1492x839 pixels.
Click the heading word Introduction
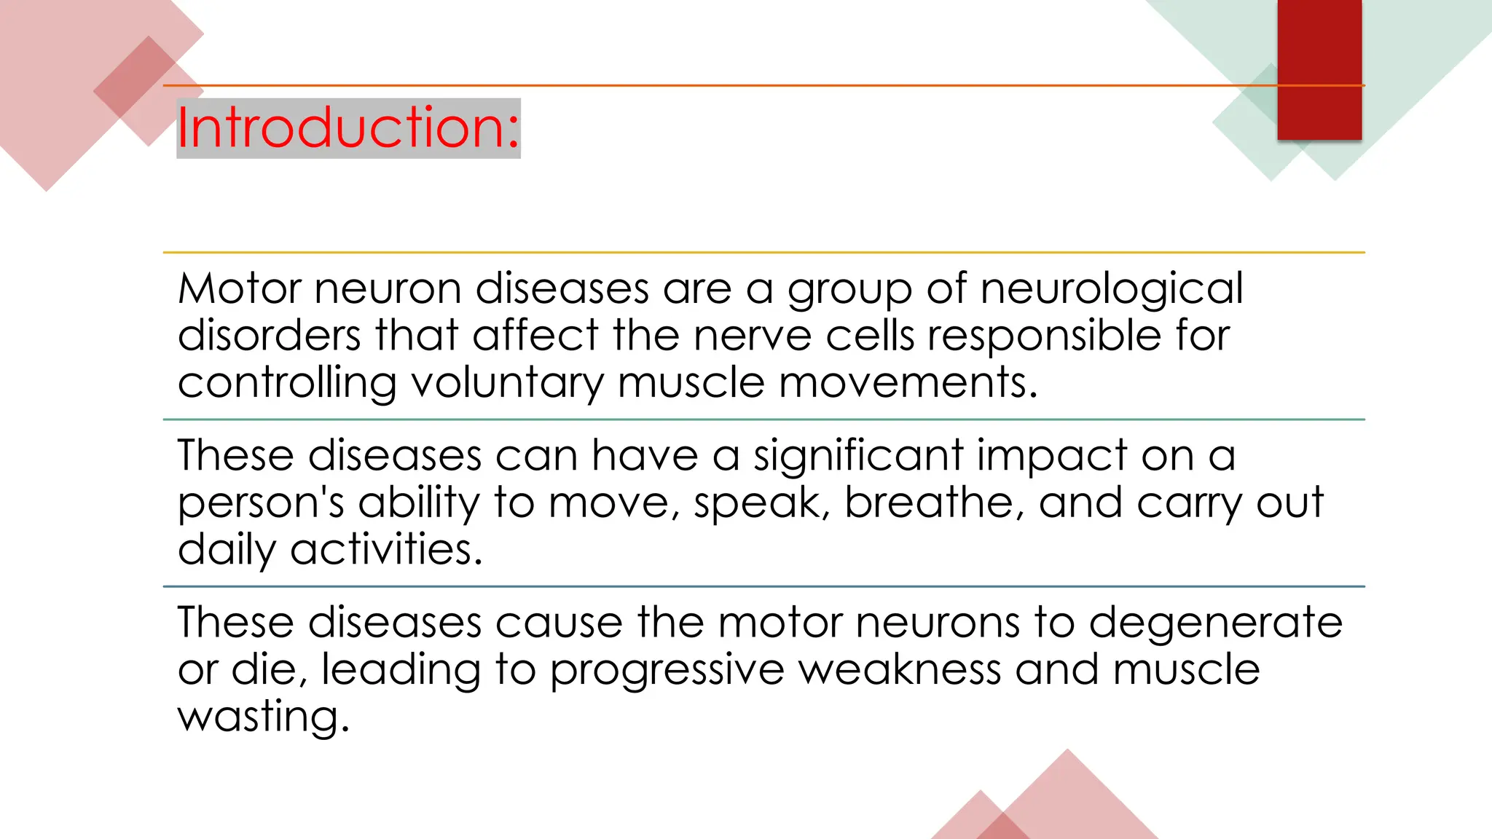point(348,127)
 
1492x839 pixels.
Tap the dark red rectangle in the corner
point(1319,69)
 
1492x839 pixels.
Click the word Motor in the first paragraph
point(239,288)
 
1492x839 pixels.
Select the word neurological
point(1112,290)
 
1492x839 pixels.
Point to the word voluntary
point(507,383)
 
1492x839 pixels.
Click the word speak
point(758,504)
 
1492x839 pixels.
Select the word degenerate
point(1215,623)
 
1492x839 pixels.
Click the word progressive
point(666,670)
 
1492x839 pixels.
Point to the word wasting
point(263,717)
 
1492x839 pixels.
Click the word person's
point(260,504)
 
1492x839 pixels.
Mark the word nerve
point(752,336)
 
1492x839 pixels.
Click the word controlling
point(287,383)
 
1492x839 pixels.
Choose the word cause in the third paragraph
point(559,623)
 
